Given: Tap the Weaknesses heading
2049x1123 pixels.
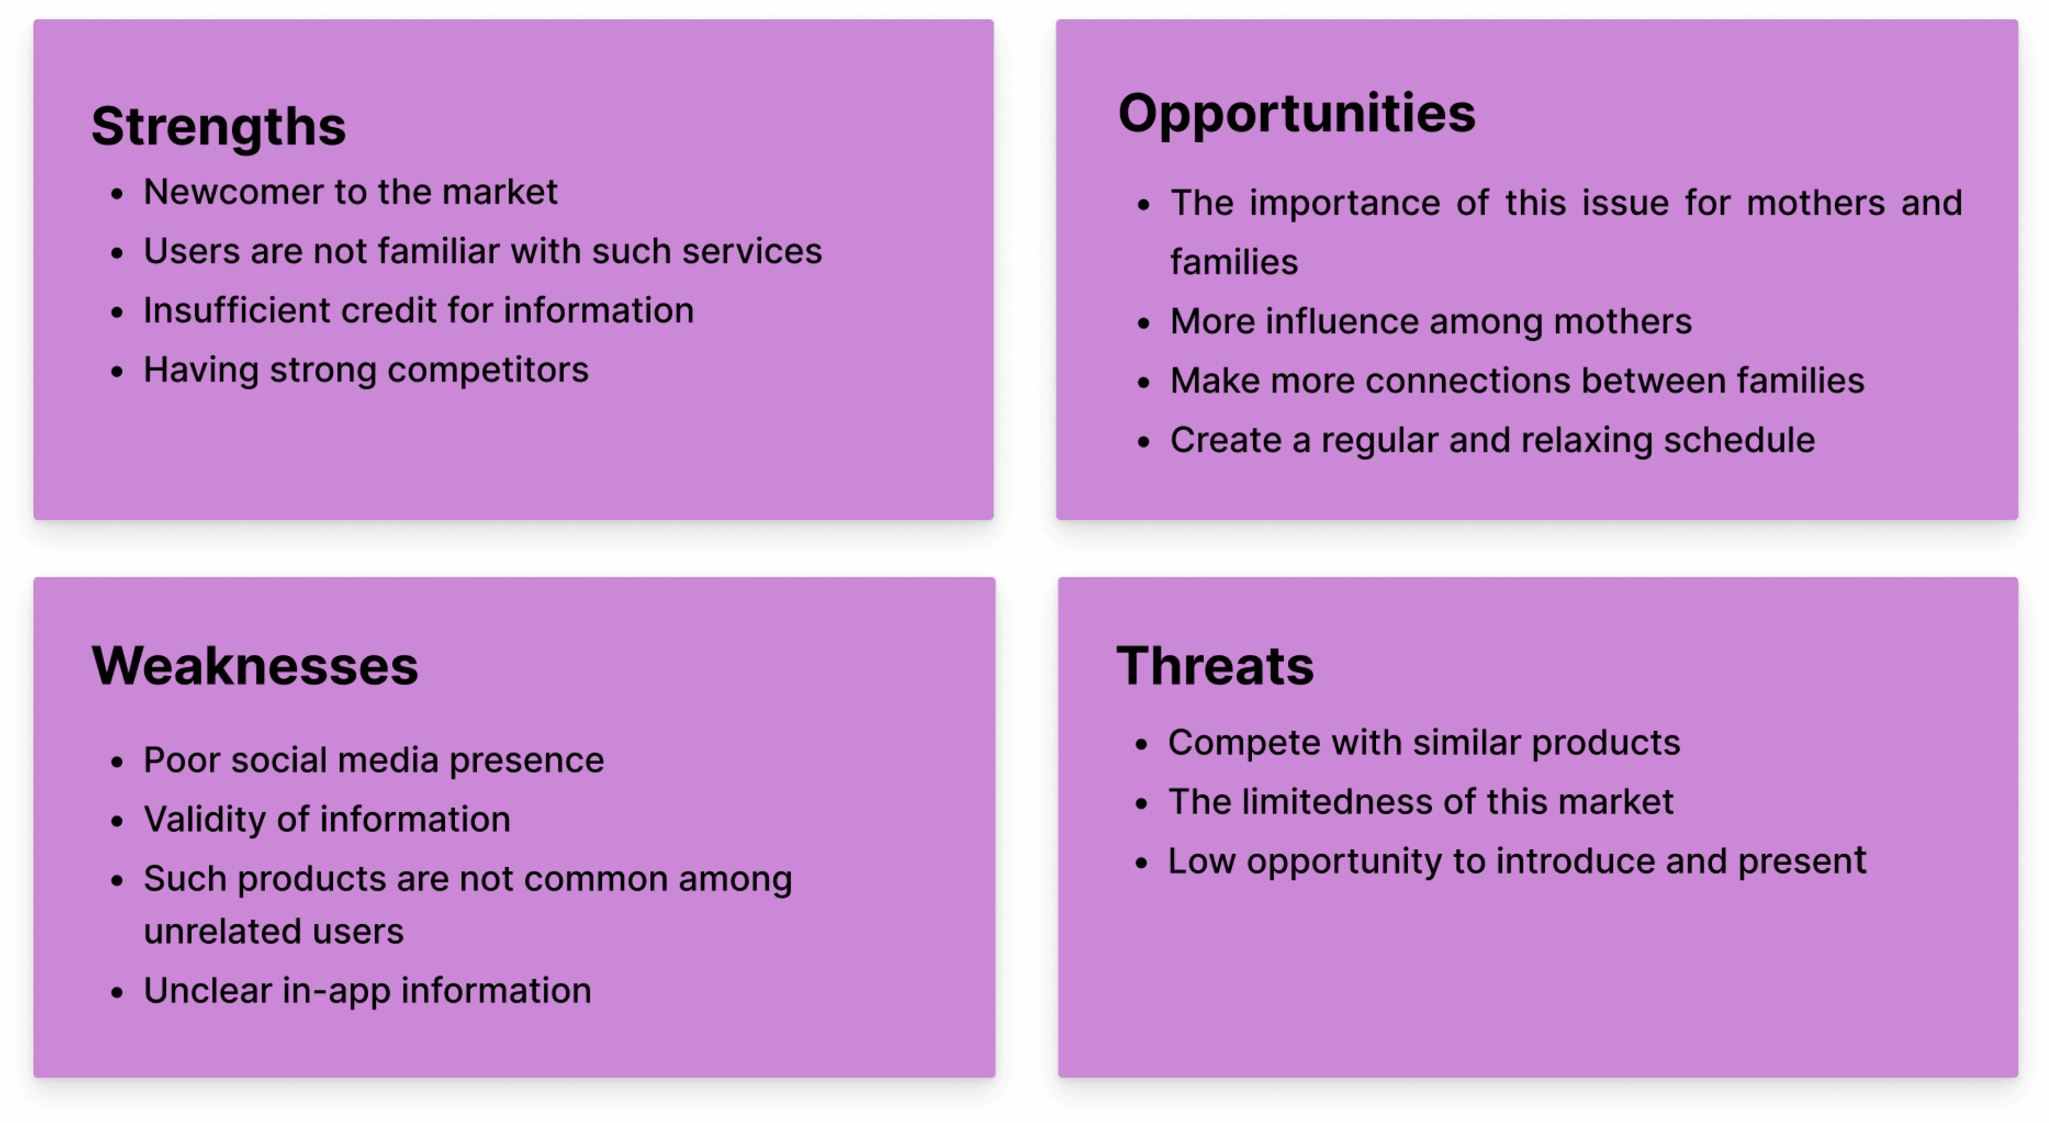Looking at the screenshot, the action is click(x=254, y=666).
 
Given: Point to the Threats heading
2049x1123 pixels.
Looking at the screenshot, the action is click(x=1215, y=666).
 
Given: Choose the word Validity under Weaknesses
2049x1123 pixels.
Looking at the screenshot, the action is click(x=205, y=819).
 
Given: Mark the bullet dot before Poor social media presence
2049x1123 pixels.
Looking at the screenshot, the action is click(x=117, y=762).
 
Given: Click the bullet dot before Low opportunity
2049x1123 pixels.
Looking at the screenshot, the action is click(x=1141, y=863).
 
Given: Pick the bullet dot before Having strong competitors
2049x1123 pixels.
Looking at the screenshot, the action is click(x=117, y=372).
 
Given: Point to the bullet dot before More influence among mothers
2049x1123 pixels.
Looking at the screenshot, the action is click(x=1144, y=323).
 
